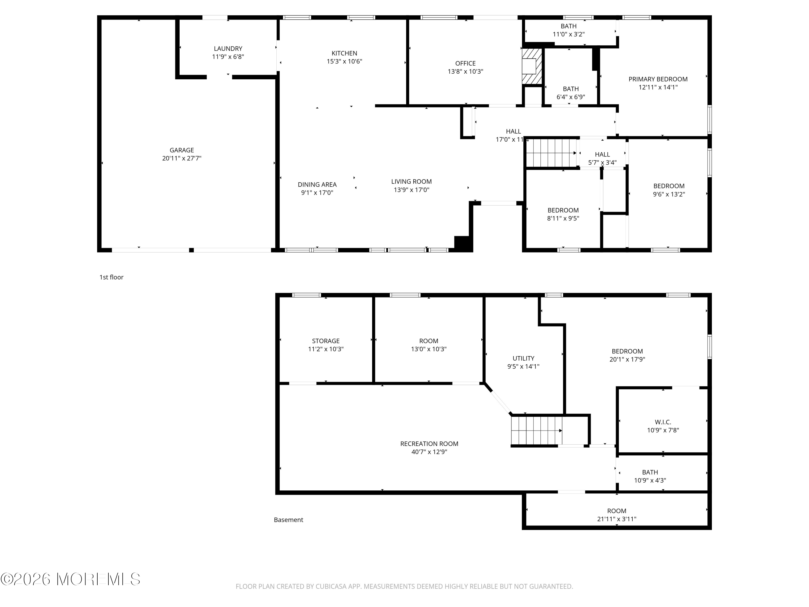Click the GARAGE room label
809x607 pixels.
(x=182, y=150)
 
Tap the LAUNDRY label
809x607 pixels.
(x=228, y=48)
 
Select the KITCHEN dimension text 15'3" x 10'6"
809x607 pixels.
(x=344, y=61)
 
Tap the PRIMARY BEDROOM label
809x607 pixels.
(x=658, y=79)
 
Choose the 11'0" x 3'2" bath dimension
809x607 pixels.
(x=568, y=34)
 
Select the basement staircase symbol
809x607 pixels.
(x=536, y=430)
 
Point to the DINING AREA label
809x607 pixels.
(x=317, y=185)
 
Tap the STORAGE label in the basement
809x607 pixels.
(x=325, y=341)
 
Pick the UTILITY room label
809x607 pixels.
(x=523, y=358)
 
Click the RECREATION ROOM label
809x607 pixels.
(x=429, y=444)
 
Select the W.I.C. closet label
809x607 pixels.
(x=663, y=422)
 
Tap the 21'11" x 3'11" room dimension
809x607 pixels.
(x=617, y=519)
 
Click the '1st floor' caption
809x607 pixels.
(x=112, y=277)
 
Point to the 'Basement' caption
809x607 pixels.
(x=289, y=520)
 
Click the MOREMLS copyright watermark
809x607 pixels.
(x=70, y=579)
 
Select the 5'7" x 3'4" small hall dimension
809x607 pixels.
(x=602, y=162)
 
